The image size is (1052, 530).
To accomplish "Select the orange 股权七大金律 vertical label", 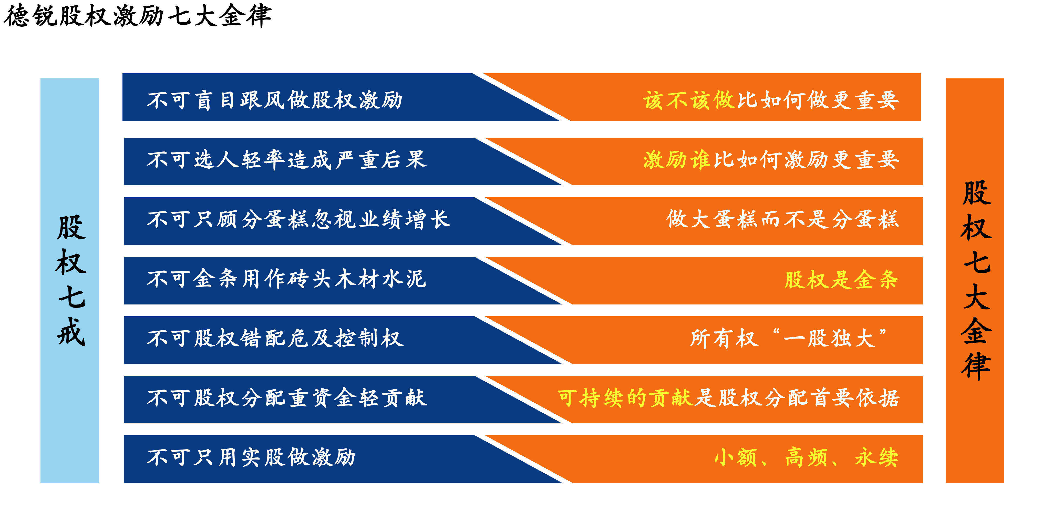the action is pyautogui.click(x=975, y=280).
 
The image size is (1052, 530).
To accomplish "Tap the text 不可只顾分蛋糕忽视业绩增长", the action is pyautogui.click(x=298, y=219).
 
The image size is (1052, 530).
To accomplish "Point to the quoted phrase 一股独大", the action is pyautogui.click(x=830, y=338).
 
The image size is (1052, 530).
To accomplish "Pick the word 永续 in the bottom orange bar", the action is pyautogui.click(x=877, y=457).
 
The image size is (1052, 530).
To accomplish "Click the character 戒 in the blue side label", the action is pyautogui.click(x=71, y=331).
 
